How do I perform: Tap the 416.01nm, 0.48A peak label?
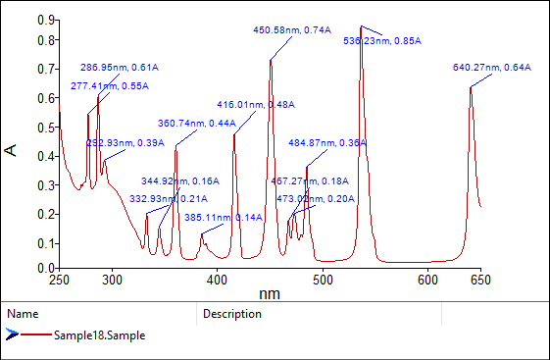point(256,104)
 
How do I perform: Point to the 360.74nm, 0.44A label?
point(197,124)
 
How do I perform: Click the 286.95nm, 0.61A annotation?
point(119,68)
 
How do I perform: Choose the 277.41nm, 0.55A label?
point(109,86)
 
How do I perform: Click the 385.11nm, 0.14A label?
point(223,218)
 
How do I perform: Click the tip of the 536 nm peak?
point(361,26)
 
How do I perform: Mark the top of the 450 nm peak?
point(271,60)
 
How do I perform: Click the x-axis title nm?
point(270,293)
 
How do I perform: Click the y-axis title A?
point(11,149)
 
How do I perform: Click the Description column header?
point(232,314)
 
